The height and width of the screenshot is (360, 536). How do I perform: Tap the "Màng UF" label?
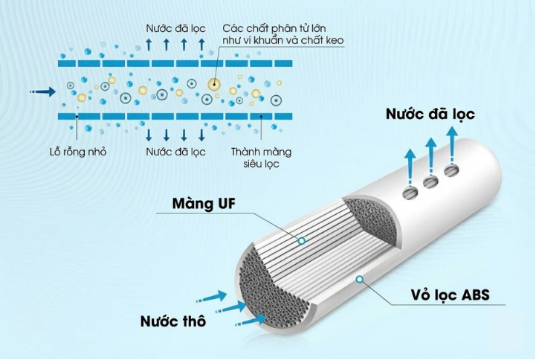click(x=198, y=203)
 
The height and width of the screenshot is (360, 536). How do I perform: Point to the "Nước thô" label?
click(x=172, y=322)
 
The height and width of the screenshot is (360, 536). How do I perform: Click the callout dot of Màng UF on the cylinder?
click(x=301, y=241)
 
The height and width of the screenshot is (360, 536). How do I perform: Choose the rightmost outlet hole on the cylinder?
click(x=451, y=173)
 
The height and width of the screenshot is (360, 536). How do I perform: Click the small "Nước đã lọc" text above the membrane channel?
click(x=175, y=28)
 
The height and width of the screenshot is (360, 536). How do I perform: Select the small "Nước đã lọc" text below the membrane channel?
click(x=175, y=152)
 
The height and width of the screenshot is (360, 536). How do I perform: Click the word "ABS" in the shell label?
click(x=474, y=295)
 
